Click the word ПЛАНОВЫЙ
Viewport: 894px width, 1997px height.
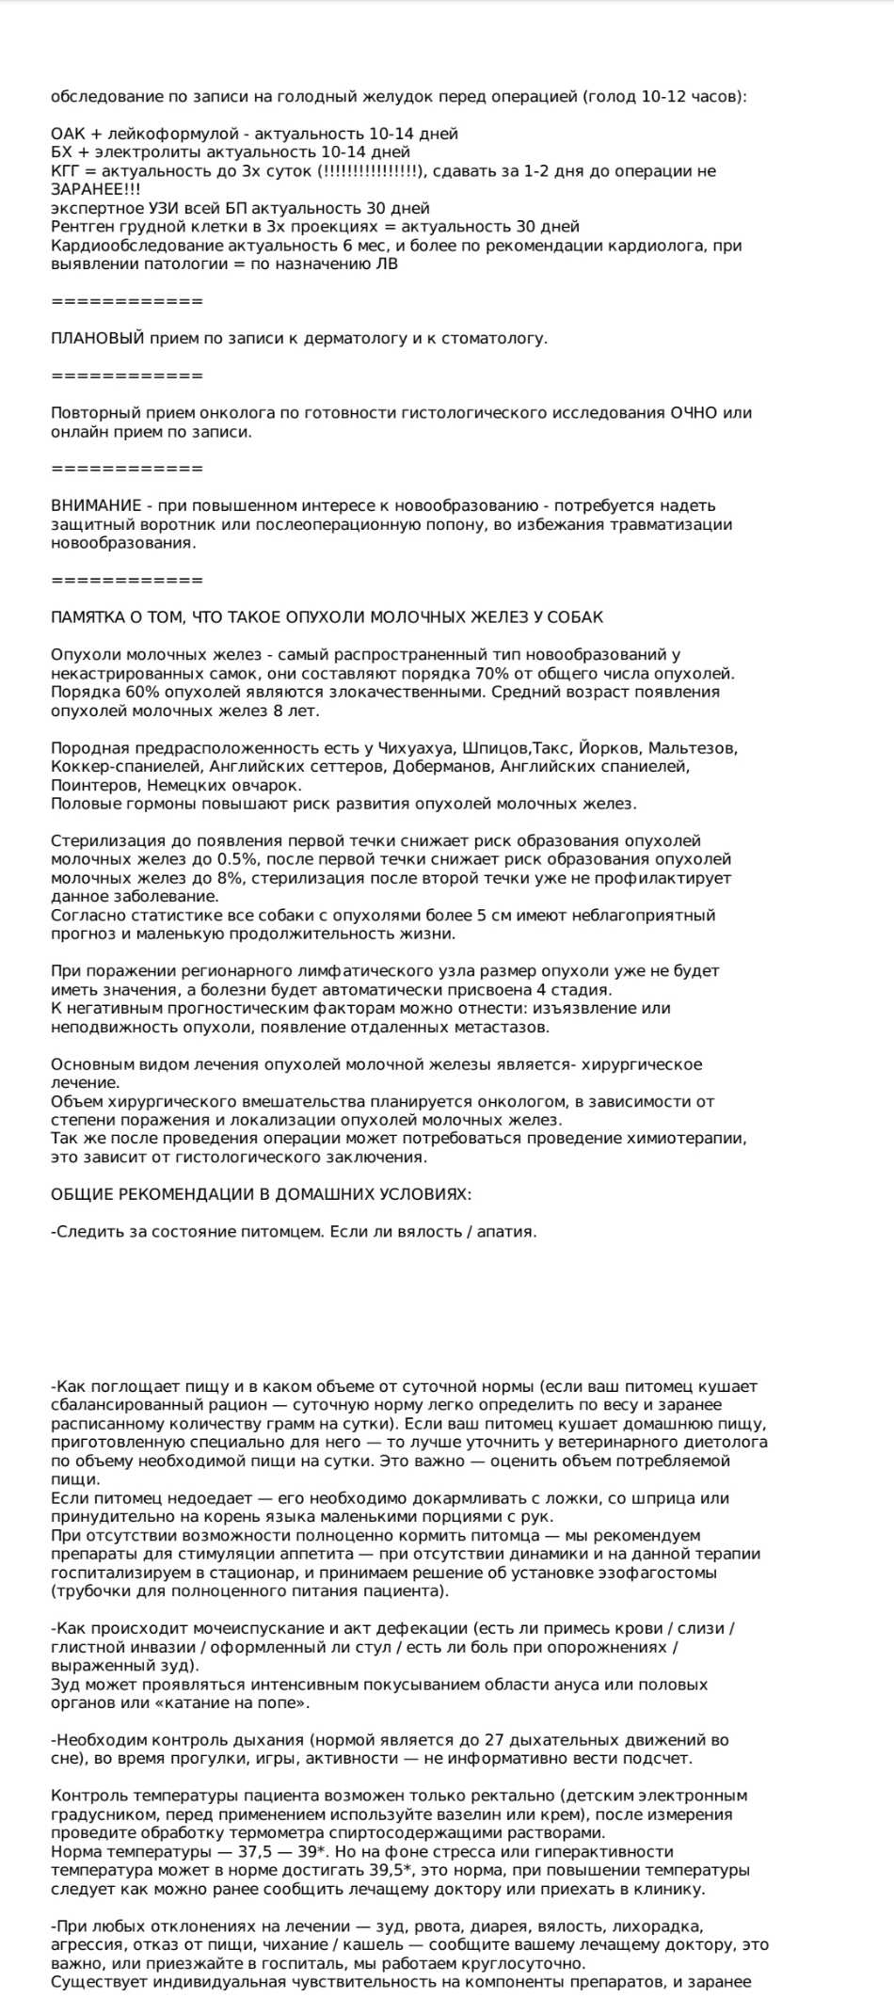click(98, 339)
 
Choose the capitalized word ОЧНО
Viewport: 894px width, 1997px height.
click(694, 413)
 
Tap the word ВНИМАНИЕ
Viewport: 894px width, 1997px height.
click(96, 506)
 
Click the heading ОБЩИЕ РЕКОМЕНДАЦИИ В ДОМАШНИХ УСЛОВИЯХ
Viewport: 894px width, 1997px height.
click(261, 1194)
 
